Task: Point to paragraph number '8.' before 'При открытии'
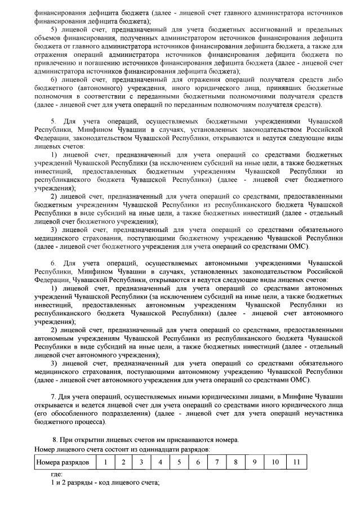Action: click(x=55, y=440)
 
